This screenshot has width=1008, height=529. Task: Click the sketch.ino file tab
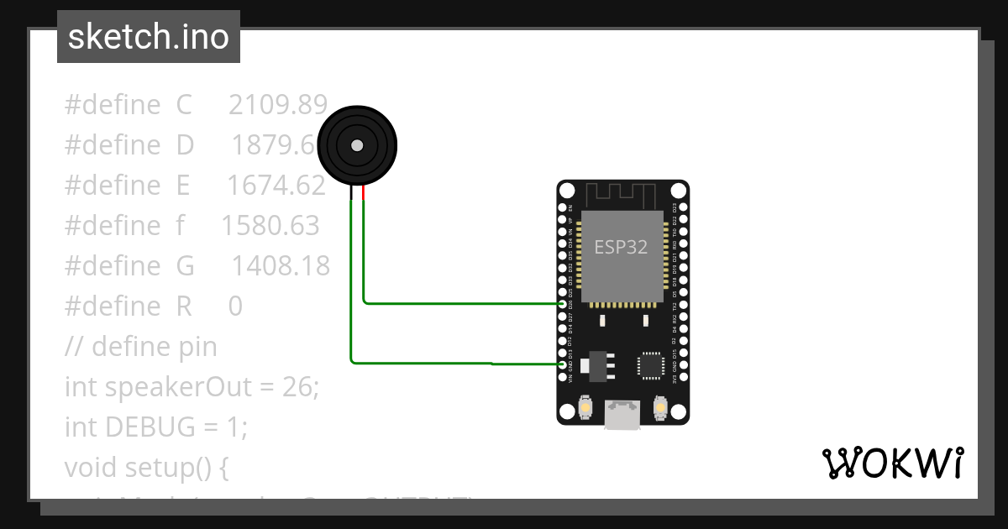tap(149, 37)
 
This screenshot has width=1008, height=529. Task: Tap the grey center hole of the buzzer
tap(357, 145)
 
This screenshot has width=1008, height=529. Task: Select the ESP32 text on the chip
tap(621, 247)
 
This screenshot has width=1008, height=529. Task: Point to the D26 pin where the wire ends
tap(562, 303)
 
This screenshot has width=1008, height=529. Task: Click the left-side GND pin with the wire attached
tap(562, 364)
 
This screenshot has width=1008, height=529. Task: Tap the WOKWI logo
tap(892, 463)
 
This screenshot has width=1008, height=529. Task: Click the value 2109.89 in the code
tap(277, 105)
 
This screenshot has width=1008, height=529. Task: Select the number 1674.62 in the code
tap(276, 186)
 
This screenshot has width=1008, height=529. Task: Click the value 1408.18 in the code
tap(281, 266)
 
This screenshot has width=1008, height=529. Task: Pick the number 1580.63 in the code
tap(270, 226)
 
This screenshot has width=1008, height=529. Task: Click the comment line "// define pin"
tap(140, 347)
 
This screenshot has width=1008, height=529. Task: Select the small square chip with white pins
tap(651, 365)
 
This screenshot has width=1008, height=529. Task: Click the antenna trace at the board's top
tap(622, 194)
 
